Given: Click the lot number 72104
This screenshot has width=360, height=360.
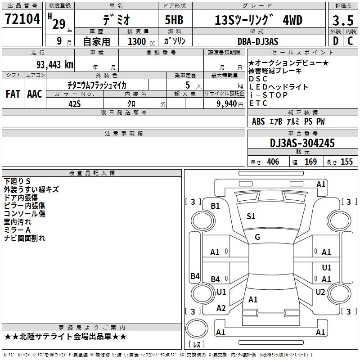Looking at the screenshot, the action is tap(22, 19).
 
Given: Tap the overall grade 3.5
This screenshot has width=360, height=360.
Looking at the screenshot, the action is tap(343, 20).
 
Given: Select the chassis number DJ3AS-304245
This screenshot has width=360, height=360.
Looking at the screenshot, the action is tap(302, 143).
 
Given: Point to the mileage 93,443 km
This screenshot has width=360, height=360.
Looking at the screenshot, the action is tap(55, 64).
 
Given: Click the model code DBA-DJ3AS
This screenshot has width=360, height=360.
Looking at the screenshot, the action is tap(258, 41).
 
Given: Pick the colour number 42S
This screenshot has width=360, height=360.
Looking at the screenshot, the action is tap(75, 104).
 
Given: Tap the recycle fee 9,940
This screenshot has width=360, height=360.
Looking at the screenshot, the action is tap(227, 104).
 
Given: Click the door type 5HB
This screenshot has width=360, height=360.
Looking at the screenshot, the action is tap(174, 20).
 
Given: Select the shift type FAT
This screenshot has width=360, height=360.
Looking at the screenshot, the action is tap(13, 94).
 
